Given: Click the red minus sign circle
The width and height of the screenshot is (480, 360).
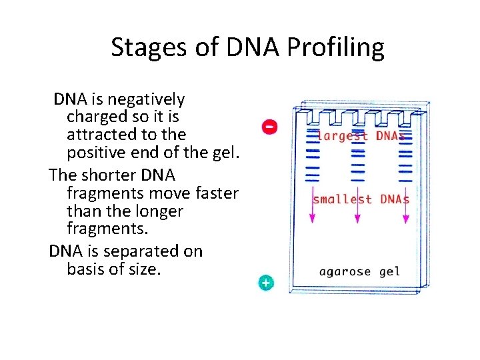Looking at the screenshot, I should (x=269, y=126).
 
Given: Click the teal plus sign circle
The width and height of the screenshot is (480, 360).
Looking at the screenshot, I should (x=266, y=283).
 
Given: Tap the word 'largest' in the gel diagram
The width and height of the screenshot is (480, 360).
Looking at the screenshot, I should (x=342, y=136).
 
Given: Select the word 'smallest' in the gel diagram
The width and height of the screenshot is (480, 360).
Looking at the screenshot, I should (x=342, y=199).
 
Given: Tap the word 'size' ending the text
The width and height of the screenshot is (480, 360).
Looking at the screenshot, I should (x=145, y=269).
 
